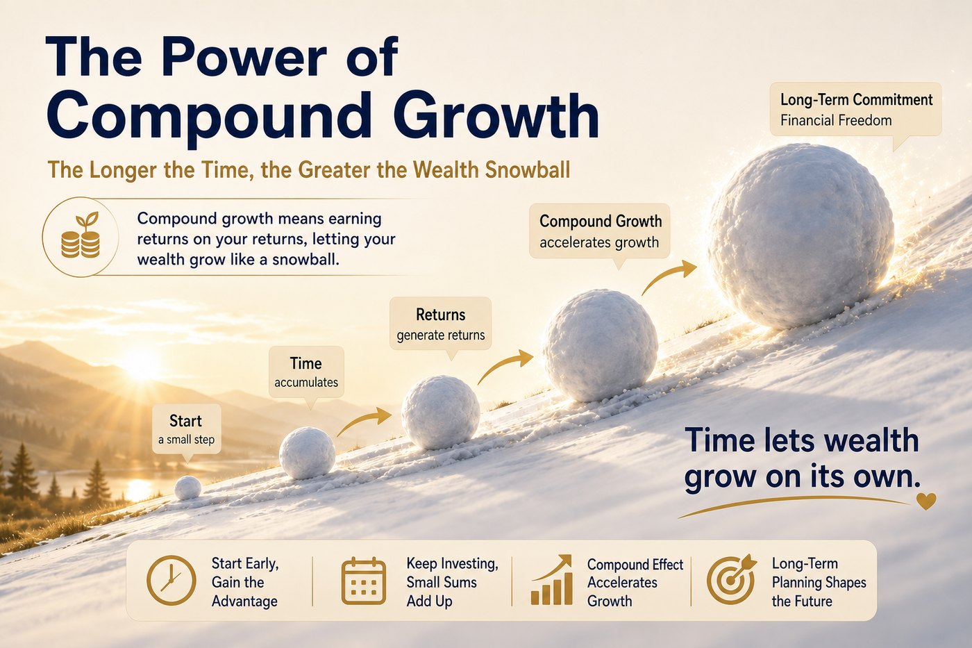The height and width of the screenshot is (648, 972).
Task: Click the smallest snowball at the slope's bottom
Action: point(187,488)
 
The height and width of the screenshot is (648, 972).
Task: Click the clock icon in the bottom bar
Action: point(171,581)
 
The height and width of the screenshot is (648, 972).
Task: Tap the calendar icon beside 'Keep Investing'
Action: point(364,581)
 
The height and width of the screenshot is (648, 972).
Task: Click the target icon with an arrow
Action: point(731,579)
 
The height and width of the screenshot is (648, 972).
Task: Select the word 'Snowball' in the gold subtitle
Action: point(527,169)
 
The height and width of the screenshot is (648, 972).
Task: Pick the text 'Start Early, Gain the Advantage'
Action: point(245,582)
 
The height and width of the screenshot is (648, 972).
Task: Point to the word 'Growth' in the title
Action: point(496,115)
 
